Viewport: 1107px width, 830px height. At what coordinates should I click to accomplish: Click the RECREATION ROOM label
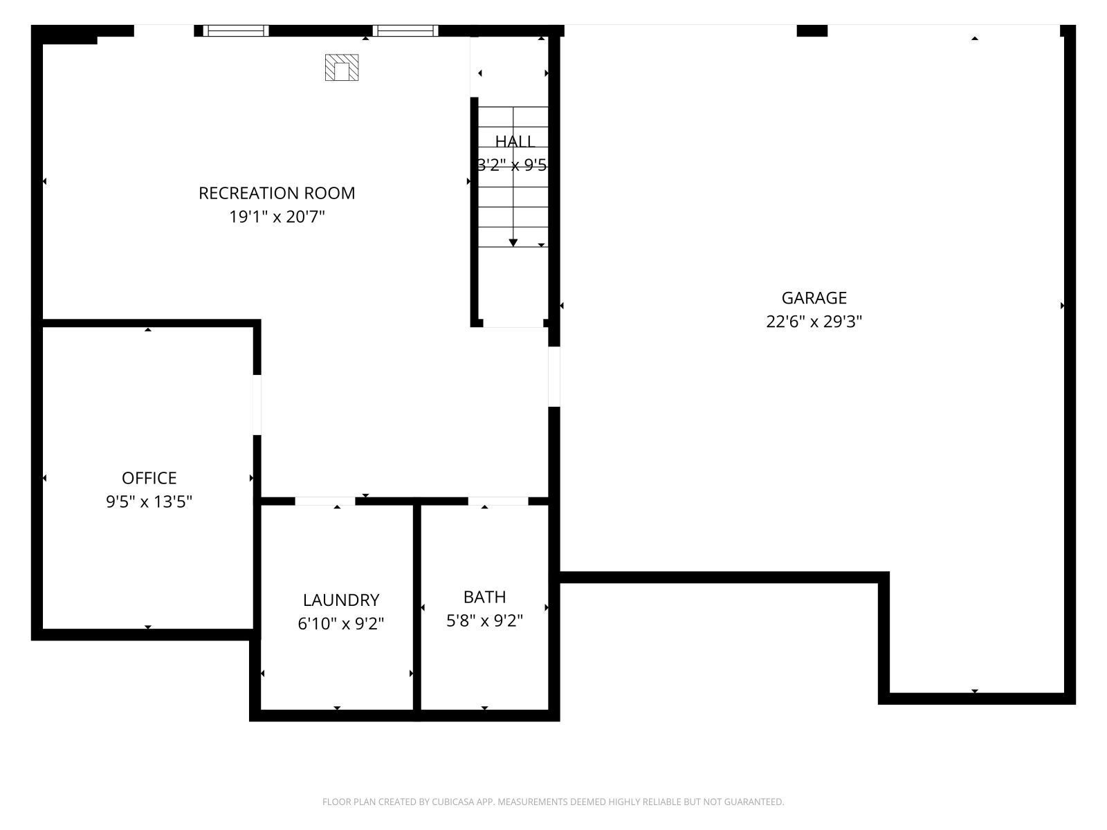point(277,193)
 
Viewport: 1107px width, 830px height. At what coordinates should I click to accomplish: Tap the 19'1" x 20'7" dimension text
point(277,217)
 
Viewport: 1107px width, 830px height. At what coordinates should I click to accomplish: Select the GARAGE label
point(814,298)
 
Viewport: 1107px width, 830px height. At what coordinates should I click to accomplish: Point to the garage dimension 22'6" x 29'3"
point(814,322)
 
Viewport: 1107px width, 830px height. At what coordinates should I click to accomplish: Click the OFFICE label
point(149,478)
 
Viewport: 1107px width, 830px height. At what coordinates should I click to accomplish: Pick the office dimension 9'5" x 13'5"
point(149,501)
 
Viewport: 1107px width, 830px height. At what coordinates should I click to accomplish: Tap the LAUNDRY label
point(341,600)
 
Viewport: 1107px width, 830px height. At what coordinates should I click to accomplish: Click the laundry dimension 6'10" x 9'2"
point(341,624)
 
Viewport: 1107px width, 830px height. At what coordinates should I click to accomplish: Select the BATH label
point(484,597)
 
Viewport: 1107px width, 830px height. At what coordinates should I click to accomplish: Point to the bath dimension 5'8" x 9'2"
point(484,620)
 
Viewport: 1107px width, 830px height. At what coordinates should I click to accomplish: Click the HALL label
point(515,142)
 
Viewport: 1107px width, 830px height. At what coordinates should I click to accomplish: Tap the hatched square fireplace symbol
point(342,68)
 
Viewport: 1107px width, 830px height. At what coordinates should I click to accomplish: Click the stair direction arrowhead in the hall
point(513,242)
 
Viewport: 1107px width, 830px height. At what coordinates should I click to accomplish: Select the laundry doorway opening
point(325,501)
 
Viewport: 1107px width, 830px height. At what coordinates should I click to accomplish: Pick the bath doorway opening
point(498,501)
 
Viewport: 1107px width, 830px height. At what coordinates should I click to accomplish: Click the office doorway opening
point(257,405)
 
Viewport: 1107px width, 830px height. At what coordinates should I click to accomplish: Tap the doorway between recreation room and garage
point(553,376)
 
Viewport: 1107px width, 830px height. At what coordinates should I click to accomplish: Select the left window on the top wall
point(235,30)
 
